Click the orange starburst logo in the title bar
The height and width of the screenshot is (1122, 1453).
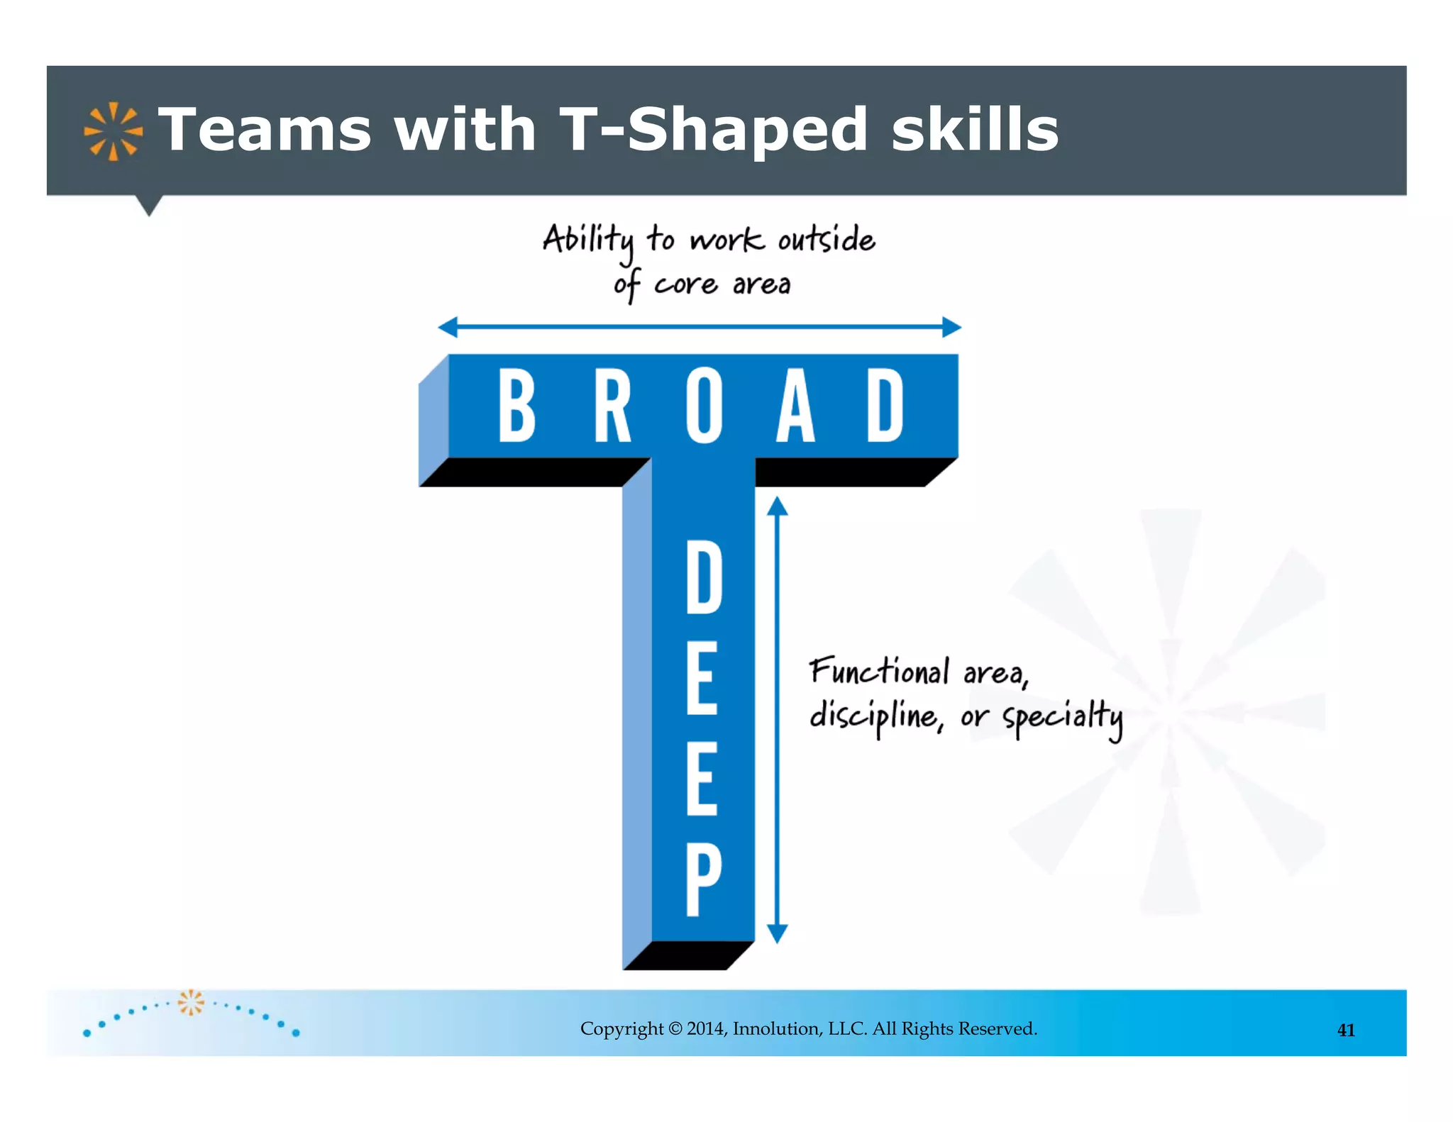pyautogui.click(x=113, y=131)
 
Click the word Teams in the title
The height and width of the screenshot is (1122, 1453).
pyautogui.click(x=265, y=130)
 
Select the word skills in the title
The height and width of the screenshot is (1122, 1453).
pyautogui.click(x=975, y=130)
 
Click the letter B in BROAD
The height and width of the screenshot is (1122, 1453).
pyautogui.click(x=516, y=406)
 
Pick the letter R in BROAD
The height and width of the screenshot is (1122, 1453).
pyautogui.click(x=612, y=406)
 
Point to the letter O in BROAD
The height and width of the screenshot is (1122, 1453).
pyautogui.click(x=704, y=406)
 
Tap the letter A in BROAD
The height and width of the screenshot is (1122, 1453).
pyautogui.click(x=795, y=406)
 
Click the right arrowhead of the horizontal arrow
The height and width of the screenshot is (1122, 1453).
pyautogui.click(x=951, y=327)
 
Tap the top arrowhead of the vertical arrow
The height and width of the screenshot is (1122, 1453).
pyautogui.click(x=778, y=506)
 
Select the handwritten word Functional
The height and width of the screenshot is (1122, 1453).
pyautogui.click(x=879, y=671)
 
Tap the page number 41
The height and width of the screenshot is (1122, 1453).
pyautogui.click(x=1346, y=1031)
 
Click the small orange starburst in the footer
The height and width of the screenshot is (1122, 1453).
pyautogui.click(x=190, y=1002)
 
